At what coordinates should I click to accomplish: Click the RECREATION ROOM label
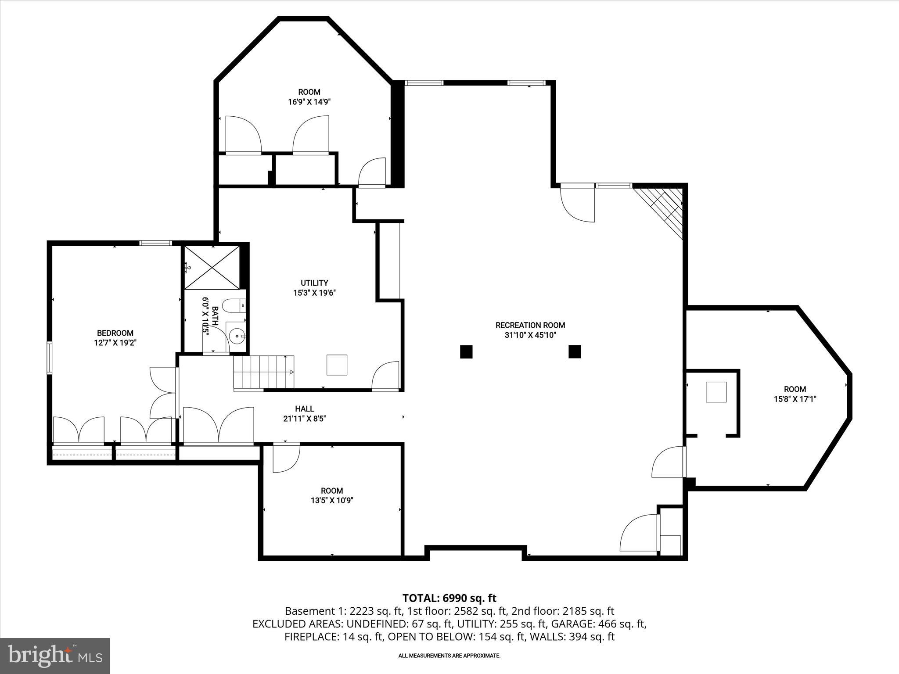coord(530,325)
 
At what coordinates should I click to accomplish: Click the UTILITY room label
coord(314,283)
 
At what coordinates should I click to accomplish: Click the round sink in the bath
coord(237,337)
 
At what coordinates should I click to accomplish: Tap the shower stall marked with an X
coord(212,267)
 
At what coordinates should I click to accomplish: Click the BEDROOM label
coord(115,333)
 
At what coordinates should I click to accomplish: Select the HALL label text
coord(304,409)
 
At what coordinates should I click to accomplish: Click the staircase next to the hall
coord(263,372)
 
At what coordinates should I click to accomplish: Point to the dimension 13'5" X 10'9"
coord(332,500)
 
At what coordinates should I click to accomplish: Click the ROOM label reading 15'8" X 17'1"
coord(795,389)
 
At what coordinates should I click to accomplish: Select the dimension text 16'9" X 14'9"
coord(309,102)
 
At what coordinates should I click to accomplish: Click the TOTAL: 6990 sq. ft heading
coord(449,598)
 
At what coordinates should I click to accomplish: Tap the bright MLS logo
coord(55,656)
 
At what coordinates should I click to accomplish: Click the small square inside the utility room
coord(337,365)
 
